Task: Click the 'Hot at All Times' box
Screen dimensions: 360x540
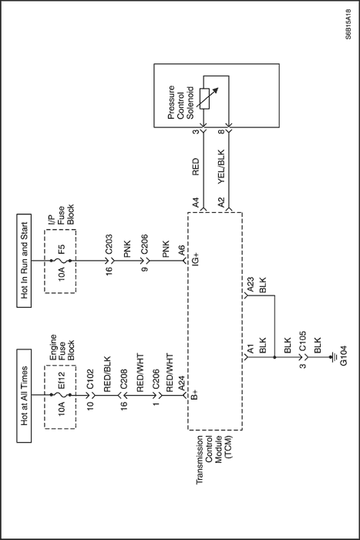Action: coord(24,396)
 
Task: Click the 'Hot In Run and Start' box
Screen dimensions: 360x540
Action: coord(24,261)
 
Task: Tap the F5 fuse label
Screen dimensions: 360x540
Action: coord(61,248)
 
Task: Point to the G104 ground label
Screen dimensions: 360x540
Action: coord(343,356)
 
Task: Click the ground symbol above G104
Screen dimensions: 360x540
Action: coord(334,357)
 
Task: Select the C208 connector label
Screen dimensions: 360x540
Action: coord(123,380)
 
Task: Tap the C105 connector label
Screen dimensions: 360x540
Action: coord(302,341)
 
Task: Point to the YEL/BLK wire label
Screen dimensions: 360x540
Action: coord(221,167)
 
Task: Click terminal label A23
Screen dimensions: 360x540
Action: coord(251,285)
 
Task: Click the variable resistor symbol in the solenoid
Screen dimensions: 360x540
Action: coord(206,99)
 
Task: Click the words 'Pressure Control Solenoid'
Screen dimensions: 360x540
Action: coord(181,103)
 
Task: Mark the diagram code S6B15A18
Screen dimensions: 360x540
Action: coord(348,25)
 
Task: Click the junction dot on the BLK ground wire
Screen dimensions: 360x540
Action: coord(274,357)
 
